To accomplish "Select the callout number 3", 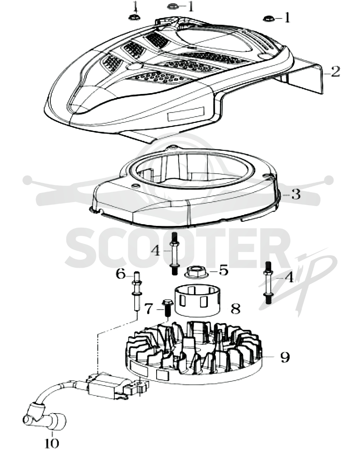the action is click(x=296, y=194).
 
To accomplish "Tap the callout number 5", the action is click(x=223, y=270).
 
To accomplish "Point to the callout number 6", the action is click(x=121, y=274).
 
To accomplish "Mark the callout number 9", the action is click(x=285, y=357).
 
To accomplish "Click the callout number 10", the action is click(x=52, y=442).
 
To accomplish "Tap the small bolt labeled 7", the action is click(x=166, y=308).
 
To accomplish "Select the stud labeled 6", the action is click(x=137, y=291).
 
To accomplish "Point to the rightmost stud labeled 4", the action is click(x=268, y=283).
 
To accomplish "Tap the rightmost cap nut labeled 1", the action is click(x=268, y=18).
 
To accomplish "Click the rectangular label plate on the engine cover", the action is click(x=185, y=113).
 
